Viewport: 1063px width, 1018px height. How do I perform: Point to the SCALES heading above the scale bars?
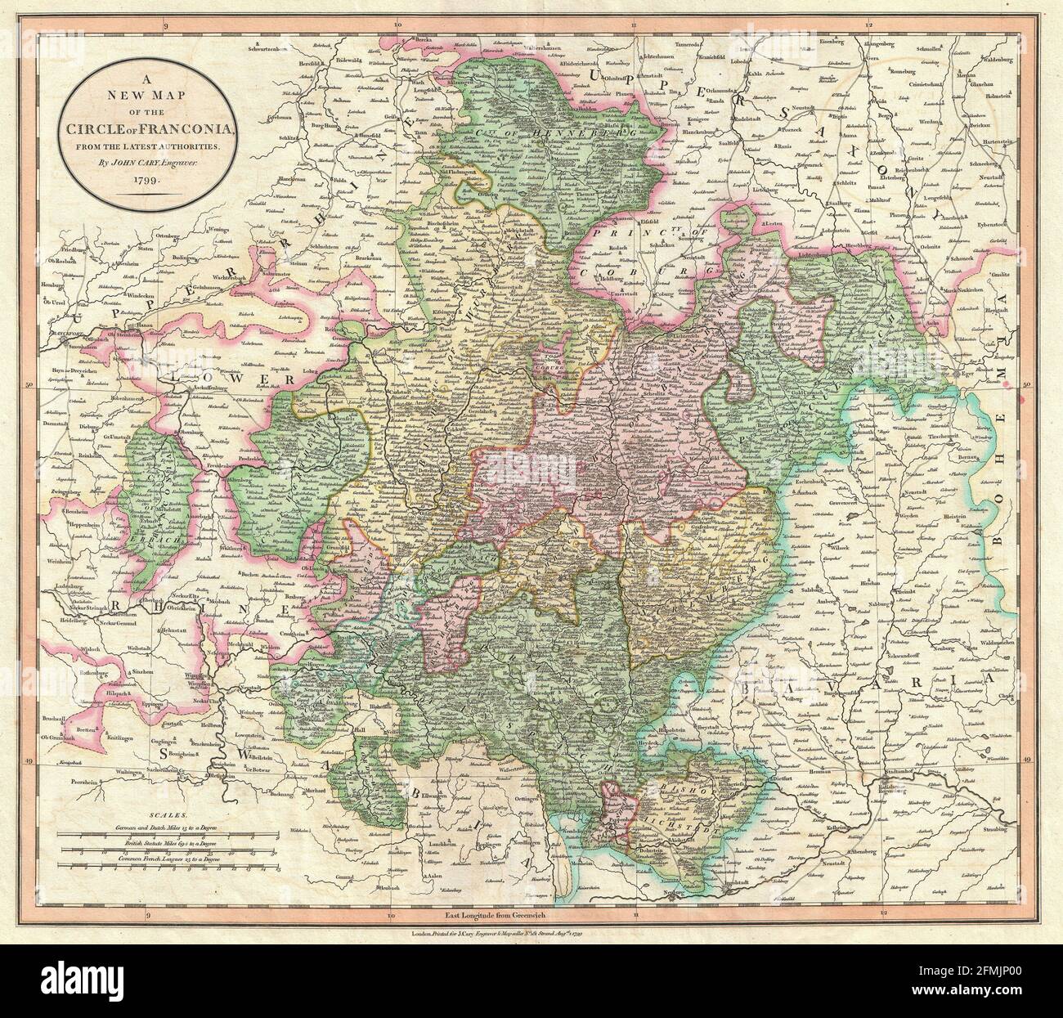pos(168,816)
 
